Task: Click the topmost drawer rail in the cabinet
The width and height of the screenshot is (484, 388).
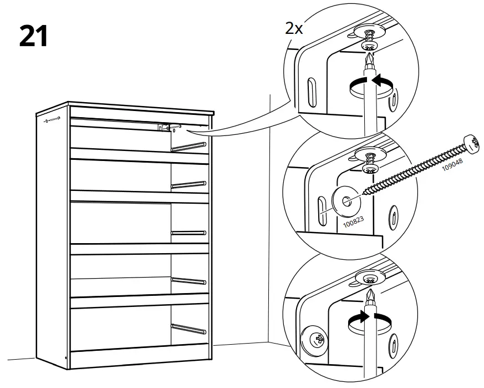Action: (189, 147)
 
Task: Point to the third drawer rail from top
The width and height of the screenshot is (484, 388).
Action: (189, 233)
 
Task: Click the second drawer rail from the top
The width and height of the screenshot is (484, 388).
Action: (189, 185)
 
